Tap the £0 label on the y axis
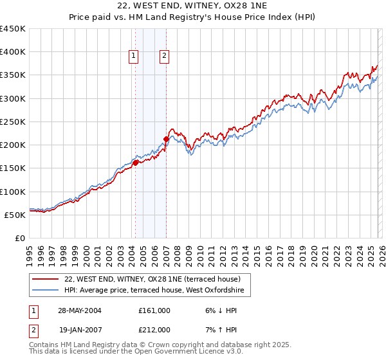coord(20,238)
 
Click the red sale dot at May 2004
coord(136,163)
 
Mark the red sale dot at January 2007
coord(166,139)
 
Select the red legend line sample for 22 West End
coord(46,279)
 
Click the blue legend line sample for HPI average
coord(46,291)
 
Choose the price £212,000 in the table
coord(154,330)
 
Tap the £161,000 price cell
coord(154,310)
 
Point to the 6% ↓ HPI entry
coord(220,310)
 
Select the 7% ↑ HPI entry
coord(220,330)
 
